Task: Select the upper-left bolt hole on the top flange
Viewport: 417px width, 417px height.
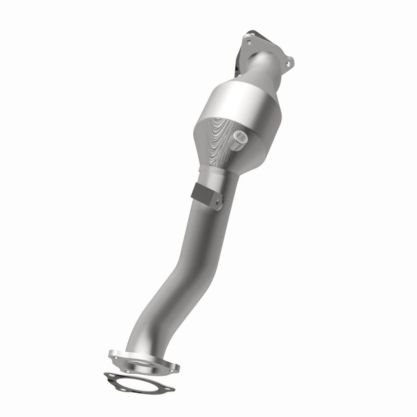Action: coord(249,41)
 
